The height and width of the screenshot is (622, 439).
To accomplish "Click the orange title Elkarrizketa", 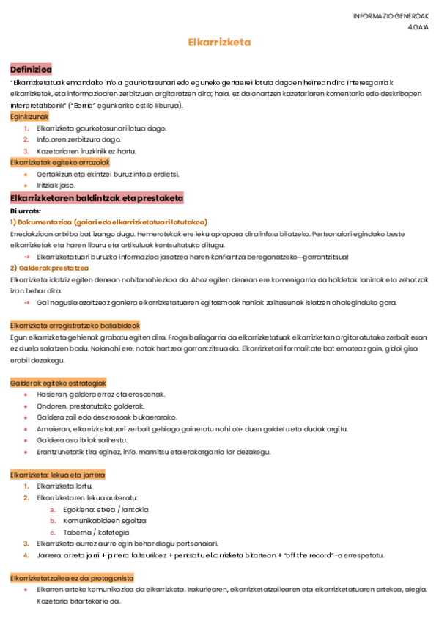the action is [219, 43].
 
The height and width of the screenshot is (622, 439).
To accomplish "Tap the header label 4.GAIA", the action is [418, 28].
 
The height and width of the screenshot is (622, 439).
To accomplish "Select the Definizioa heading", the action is [31, 69].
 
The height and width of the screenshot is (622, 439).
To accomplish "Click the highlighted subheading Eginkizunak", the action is [29, 117].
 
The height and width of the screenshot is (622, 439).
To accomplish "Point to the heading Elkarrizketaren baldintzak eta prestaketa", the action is [96, 199].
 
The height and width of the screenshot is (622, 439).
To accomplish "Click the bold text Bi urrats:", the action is [26, 211].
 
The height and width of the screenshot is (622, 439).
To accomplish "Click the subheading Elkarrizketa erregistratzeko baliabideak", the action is [75, 326].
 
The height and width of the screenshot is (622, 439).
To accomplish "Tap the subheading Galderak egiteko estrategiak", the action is [59, 383].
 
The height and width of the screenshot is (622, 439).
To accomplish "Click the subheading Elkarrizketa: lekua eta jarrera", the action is [57, 475].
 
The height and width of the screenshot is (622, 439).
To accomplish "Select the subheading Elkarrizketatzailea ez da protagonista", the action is [72, 578].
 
